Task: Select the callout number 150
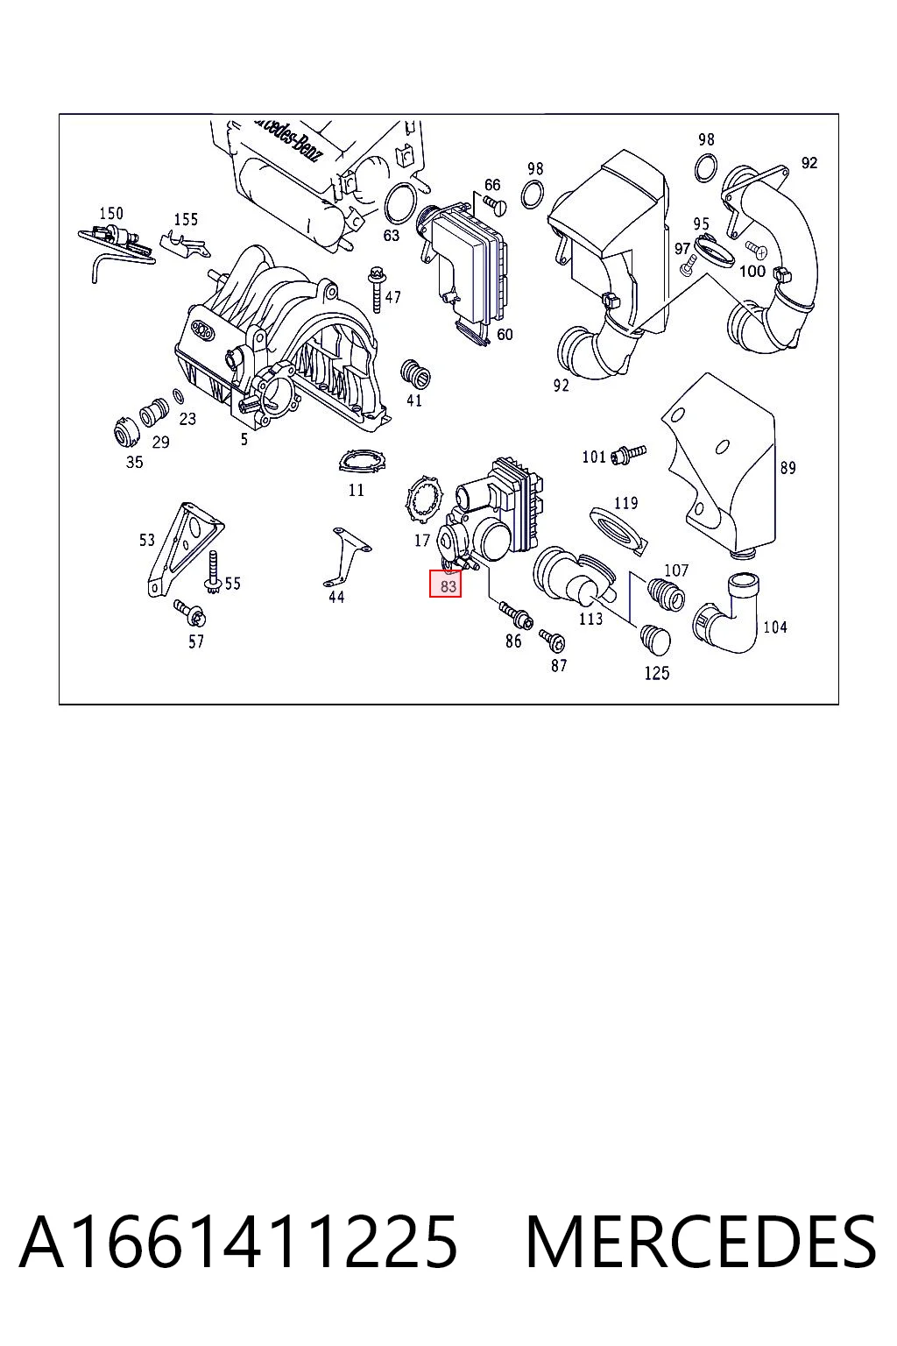(x=111, y=213)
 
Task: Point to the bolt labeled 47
(x=376, y=290)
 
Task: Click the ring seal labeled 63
(x=400, y=203)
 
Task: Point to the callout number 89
(x=788, y=467)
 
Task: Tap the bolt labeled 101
(x=628, y=454)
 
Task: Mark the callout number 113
(x=590, y=619)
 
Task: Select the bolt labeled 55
(x=213, y=571)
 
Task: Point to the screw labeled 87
(x=551, y=640)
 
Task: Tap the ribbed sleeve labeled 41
(x=413, y=372)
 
